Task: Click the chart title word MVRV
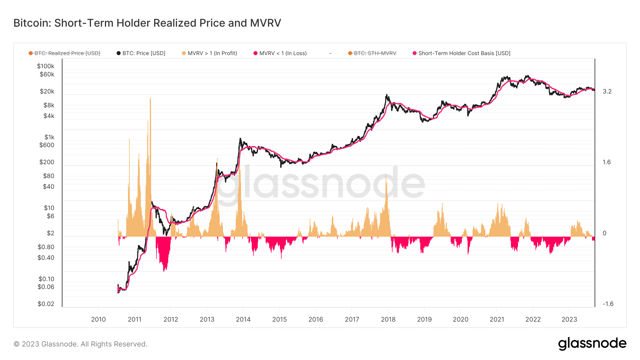point(265,23)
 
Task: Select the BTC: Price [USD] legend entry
point(141,53)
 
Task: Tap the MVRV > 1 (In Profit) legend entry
point(209,53)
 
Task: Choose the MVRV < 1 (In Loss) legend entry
point(280,53)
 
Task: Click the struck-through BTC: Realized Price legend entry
point(64,53)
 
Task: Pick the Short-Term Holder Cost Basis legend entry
point(462,53)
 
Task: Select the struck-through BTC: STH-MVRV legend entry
point(372,53)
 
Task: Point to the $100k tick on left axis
point(46,66)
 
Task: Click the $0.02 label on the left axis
point(46,304)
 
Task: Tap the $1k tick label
point(49,137)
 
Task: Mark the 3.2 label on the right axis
point(607,91)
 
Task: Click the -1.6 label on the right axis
point(608,304)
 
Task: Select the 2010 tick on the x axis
point(98,319)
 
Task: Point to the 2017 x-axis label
point(352,319)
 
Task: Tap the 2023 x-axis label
point(569,319)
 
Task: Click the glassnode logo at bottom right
point(592,344)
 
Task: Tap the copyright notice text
point(80,344)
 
